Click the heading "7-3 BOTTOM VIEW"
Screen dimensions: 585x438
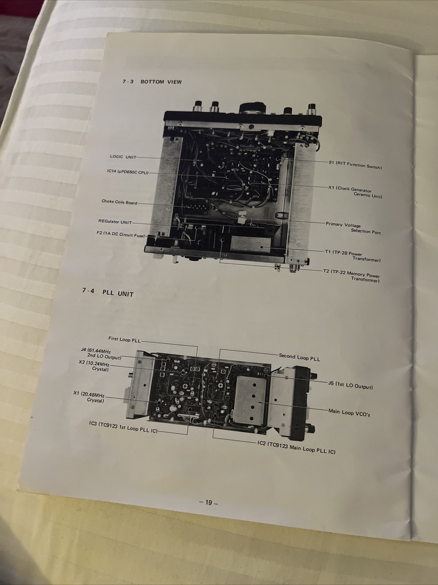pos(152,82)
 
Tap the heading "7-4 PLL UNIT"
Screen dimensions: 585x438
pos(108,292)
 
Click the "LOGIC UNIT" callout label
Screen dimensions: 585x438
pos(122,156)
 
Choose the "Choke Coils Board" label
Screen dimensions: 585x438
pos(119,202)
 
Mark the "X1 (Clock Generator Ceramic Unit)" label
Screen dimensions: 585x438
pos(355,192)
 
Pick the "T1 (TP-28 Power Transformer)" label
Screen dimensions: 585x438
pos(353,255)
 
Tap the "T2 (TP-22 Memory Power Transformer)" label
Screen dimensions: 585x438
pos(351,276)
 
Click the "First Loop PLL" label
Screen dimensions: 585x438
pos(125,339)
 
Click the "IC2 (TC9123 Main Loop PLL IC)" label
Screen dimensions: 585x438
pos(296,447)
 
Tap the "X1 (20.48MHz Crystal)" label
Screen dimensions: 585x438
pos(89,397)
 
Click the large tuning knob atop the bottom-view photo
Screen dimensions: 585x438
pos(251,109)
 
